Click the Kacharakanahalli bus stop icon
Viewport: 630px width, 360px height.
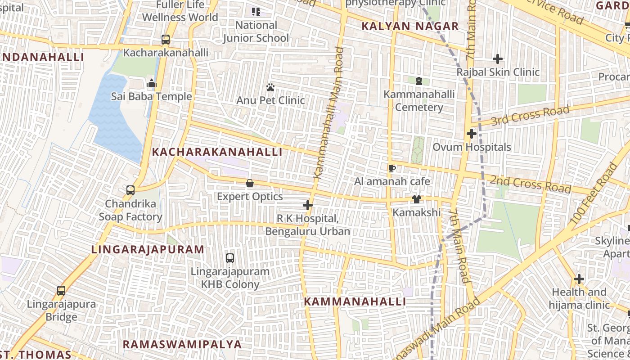click(166, 40)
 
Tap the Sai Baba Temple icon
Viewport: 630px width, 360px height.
click(152, 84)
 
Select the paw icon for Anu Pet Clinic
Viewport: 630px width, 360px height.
click(270, 87)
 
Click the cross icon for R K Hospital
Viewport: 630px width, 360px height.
click(308, 206)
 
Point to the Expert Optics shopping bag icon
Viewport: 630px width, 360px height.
click(250, 184)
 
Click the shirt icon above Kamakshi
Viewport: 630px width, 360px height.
click(417, 199)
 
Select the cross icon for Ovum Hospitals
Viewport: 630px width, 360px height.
click(472, 134)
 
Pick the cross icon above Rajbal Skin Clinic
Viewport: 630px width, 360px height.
click(498, 59)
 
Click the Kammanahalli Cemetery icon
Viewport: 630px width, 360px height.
click(419, 81)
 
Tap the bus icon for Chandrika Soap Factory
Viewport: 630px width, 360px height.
click(130, 190)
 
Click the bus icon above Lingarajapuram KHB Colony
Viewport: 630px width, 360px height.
click(230, 258)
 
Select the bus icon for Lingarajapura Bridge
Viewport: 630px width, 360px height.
click(61, 291)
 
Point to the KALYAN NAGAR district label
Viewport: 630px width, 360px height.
click(410, 26)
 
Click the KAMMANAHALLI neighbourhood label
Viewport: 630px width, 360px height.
click(355, 301)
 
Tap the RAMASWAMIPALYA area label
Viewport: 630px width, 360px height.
click(182, 344)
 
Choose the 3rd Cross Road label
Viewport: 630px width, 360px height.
click(531, 115)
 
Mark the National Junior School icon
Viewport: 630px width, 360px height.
click(256, 12)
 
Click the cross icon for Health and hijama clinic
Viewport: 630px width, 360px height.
click(579, 279)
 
